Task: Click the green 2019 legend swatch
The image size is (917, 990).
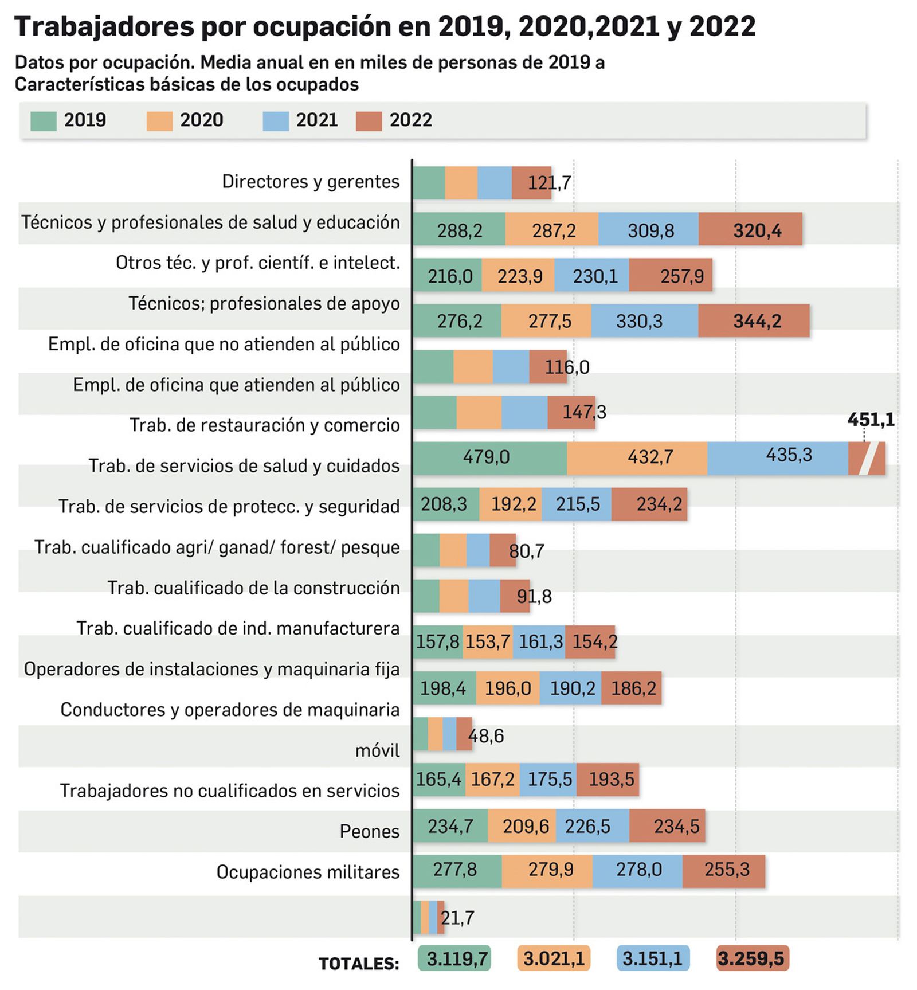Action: tap(43, 121)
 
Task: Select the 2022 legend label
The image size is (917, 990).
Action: tap(410, 120)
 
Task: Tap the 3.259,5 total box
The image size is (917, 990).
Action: tap(752, 958)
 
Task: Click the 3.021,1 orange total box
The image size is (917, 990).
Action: tap(554, 958)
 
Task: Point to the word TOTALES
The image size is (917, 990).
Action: tap(359, 964)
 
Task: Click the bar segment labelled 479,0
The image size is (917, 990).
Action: tap(487, 457)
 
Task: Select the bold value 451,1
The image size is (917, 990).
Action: tap(871, 420)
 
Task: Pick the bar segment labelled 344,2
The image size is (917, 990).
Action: tap(757, 321)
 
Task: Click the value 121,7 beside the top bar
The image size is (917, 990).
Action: tap(548, 183)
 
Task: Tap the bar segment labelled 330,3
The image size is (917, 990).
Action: tap(640, 321)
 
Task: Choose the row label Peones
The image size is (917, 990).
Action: tap(369, 831)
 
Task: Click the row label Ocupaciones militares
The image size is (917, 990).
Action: tap(308, 872)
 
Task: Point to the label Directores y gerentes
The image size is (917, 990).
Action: tap(311, 182)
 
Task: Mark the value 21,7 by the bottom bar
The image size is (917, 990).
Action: tap(457, 918)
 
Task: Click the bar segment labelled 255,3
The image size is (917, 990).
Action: tap(726, 870)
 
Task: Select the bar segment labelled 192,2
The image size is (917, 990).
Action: tap(514, 504)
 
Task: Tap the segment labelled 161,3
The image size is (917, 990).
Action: tap(540, 641)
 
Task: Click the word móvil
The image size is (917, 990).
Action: tap(377, 750)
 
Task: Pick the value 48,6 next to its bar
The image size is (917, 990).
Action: tap(486, 736)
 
